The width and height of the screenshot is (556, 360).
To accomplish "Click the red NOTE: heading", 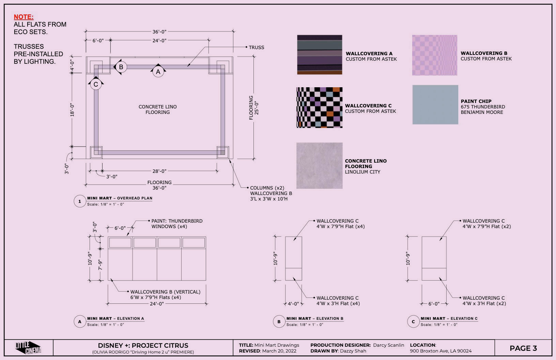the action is (24, 17).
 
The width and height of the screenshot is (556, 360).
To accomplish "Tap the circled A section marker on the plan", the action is (158, 72).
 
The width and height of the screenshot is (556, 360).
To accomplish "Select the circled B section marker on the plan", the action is (121, 67).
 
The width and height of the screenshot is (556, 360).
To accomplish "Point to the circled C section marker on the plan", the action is (96, 85).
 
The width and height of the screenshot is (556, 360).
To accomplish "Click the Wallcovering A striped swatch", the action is (320, 55).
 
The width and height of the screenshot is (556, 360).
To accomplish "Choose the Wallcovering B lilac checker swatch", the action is (435, 55).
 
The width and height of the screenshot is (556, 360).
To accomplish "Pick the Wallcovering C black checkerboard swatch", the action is (320, 108).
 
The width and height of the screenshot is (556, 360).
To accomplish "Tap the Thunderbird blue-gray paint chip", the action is (435, 105).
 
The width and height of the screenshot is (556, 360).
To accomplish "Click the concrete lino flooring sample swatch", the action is (320, 166).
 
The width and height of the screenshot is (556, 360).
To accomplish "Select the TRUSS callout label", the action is (257, 47).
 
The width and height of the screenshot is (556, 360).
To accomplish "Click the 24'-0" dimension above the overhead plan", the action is (159, 41).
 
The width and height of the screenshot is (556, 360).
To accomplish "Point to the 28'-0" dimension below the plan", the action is (159, 171).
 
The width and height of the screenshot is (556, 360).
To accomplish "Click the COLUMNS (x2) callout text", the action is (267, 188).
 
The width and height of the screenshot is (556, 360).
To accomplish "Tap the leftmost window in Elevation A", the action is (120, 243).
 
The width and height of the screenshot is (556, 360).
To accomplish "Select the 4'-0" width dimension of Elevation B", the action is (293, 304).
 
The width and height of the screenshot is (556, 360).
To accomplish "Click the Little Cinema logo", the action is (28, 348).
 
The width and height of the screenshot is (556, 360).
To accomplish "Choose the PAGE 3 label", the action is (523, 348).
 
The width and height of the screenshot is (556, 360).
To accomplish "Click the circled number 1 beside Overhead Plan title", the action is (80, 201).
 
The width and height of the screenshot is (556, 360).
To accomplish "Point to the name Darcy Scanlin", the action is (388, 345).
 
